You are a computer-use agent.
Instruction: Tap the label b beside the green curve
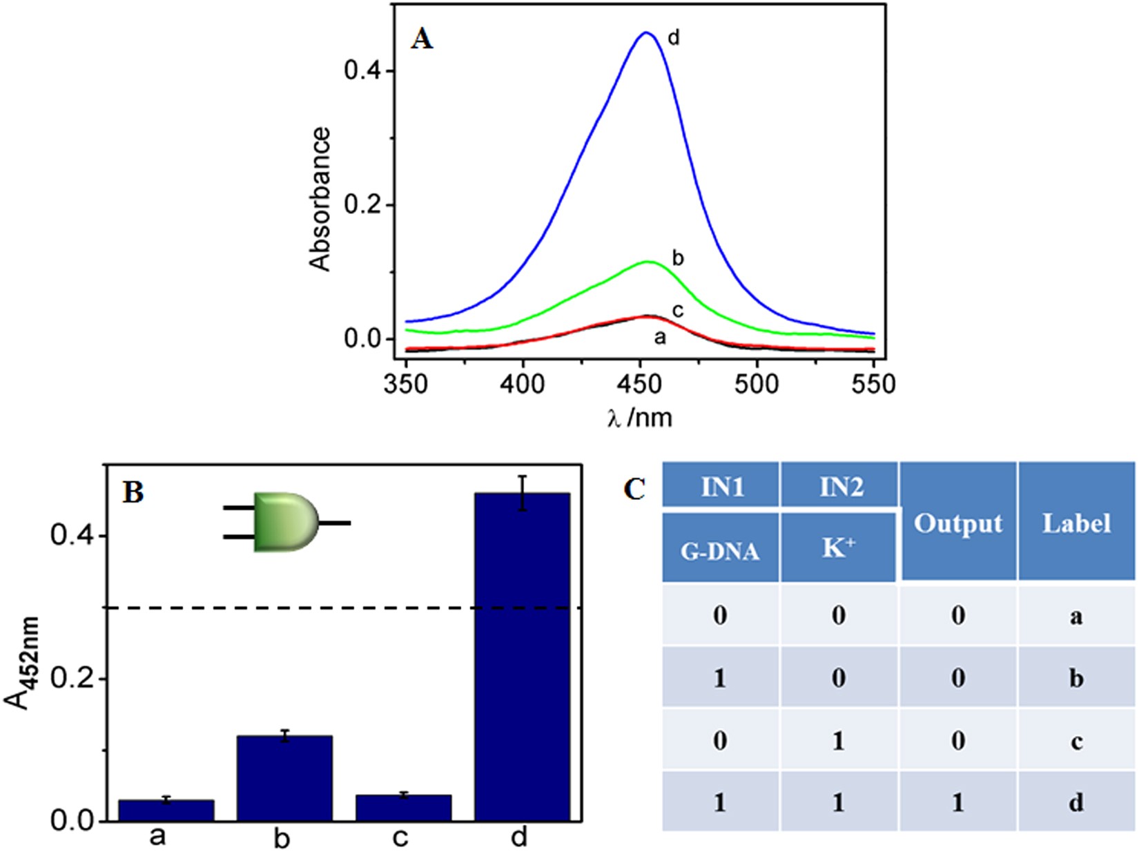(678, 258)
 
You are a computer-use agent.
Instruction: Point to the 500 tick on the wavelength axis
(757, 385)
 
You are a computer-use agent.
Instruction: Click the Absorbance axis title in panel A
(320, 200)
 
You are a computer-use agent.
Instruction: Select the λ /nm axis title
(640, 417)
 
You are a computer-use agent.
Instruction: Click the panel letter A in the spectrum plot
(422, 39)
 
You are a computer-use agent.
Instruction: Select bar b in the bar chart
(284, 778)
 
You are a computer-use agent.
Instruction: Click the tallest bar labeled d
(523, 656)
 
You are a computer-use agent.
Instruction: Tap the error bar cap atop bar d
(523, 476)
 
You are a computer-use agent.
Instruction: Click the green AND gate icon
(285, 522)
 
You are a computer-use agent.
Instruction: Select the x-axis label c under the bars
(400, 838)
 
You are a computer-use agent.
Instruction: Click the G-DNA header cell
(720, 550)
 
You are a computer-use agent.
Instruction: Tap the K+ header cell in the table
(839, 549)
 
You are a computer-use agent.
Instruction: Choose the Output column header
(957, 523)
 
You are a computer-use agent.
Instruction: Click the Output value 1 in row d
(957, 803)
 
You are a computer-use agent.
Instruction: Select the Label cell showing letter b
(1076, 679)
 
